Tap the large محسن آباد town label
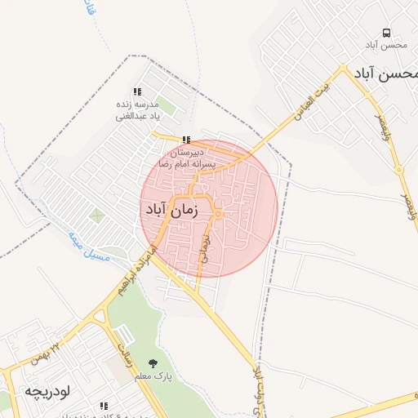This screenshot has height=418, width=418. pos(387,73)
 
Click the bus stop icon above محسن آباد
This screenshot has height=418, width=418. pos(385,33)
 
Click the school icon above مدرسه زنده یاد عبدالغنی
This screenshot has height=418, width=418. pos(137,92)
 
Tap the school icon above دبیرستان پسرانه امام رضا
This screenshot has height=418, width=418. pos(188,140)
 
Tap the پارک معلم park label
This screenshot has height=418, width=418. pos(153,376)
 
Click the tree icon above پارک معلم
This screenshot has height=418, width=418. pos(153,362)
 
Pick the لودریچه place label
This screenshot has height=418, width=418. pos(48,391)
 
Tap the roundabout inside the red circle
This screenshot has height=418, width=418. pos(219,214)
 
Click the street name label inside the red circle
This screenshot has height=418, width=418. pos(205,250)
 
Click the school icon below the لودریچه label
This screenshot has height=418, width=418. pos(104,406)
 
